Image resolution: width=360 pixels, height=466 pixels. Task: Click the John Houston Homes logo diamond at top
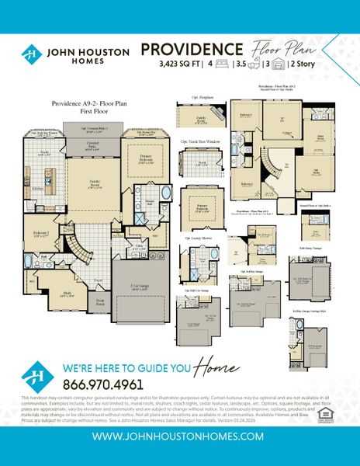(32, 55)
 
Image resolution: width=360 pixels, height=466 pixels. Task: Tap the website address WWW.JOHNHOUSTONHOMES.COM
(180, 436)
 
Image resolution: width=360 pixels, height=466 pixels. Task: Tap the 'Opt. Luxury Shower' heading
(198, 238)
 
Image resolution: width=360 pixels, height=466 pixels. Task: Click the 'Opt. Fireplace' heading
(202, 97)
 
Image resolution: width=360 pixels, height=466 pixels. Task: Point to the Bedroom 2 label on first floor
(43, 233)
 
